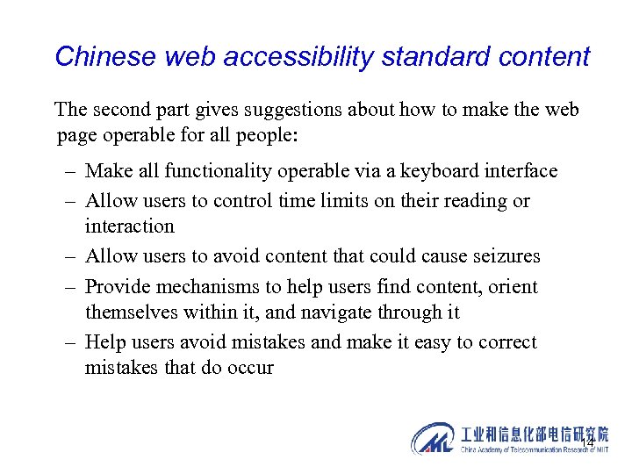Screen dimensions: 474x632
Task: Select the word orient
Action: pos(515,286)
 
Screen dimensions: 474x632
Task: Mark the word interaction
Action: pos(129,226)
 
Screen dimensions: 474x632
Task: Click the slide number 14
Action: pos(588,441)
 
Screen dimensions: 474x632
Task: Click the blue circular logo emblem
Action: pos(432,438)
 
